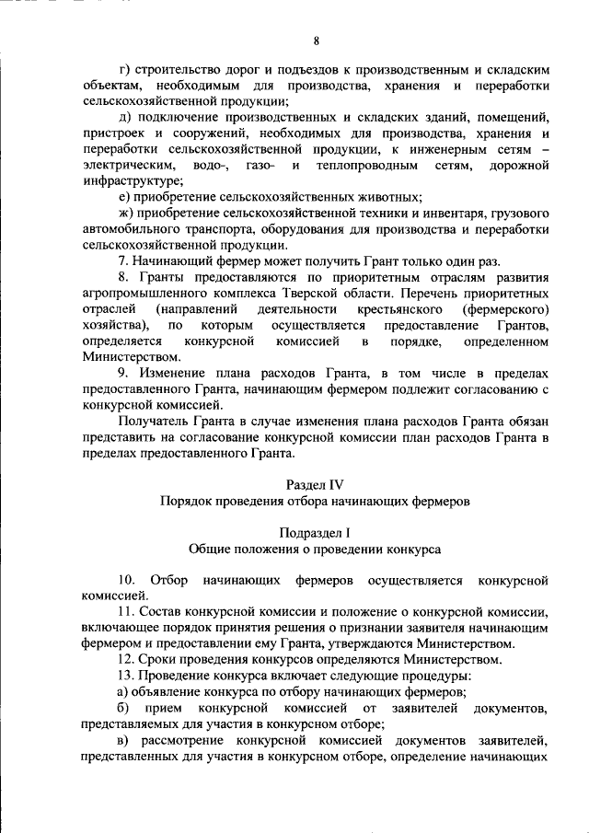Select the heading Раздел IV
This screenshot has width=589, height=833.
[316, 484]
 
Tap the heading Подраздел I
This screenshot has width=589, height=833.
[316, 532]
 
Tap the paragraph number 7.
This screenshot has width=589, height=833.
[124, 261]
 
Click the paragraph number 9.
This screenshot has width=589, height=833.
[124, 374]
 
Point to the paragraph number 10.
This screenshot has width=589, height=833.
[127, 580]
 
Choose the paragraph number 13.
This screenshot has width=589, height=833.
[127, 676]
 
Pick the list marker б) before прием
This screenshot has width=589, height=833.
[125, 708]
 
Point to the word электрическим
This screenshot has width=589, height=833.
[118, 165]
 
